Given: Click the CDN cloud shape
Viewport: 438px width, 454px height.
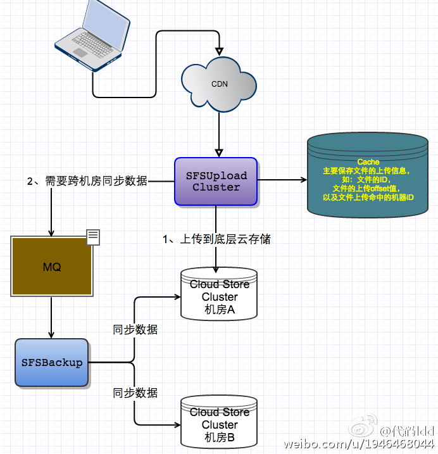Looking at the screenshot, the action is pos(219,84).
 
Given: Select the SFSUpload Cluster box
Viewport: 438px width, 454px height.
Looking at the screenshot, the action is pos(216,182).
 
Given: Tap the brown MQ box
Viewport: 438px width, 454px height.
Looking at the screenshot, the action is pos(52,267).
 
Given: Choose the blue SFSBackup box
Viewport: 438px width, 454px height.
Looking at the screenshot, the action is pos(51,363).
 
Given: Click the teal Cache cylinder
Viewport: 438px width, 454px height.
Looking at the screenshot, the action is pos(368,175).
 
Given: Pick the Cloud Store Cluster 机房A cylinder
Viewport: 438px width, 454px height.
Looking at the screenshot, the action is pos(219,294).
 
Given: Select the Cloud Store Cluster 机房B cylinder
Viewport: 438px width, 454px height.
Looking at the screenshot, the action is pos(219,422).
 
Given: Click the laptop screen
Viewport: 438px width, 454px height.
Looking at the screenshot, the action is pos(106,25).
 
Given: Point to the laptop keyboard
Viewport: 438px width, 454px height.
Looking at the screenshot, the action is pos(92,44).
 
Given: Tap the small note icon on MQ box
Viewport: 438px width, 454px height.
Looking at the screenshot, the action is pos(93,237).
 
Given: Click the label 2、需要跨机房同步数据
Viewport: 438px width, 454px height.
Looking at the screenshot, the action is pos(87,181).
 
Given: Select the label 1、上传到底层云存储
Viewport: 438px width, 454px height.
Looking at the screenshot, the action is pos(216,239).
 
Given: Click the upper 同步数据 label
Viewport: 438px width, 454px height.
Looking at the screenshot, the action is pos(135,329).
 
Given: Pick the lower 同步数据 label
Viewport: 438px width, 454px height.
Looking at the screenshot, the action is pos(135,393).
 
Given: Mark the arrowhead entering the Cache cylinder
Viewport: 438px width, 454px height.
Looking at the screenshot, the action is pos(304,180).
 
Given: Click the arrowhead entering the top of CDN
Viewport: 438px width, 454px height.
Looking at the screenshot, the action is pos(220,51).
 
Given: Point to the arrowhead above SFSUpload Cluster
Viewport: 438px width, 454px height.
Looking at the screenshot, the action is pos(219,153).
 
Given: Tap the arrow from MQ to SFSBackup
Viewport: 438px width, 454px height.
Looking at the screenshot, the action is pos(51,317).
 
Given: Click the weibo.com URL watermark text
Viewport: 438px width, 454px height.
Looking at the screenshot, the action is pos(359,444).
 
